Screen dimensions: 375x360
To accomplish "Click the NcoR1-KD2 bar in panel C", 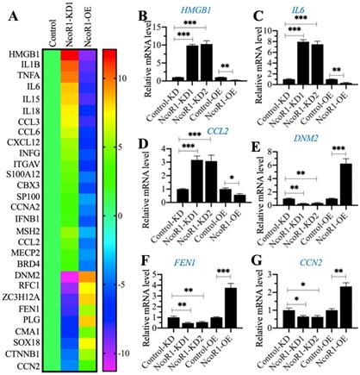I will (318, 61).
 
